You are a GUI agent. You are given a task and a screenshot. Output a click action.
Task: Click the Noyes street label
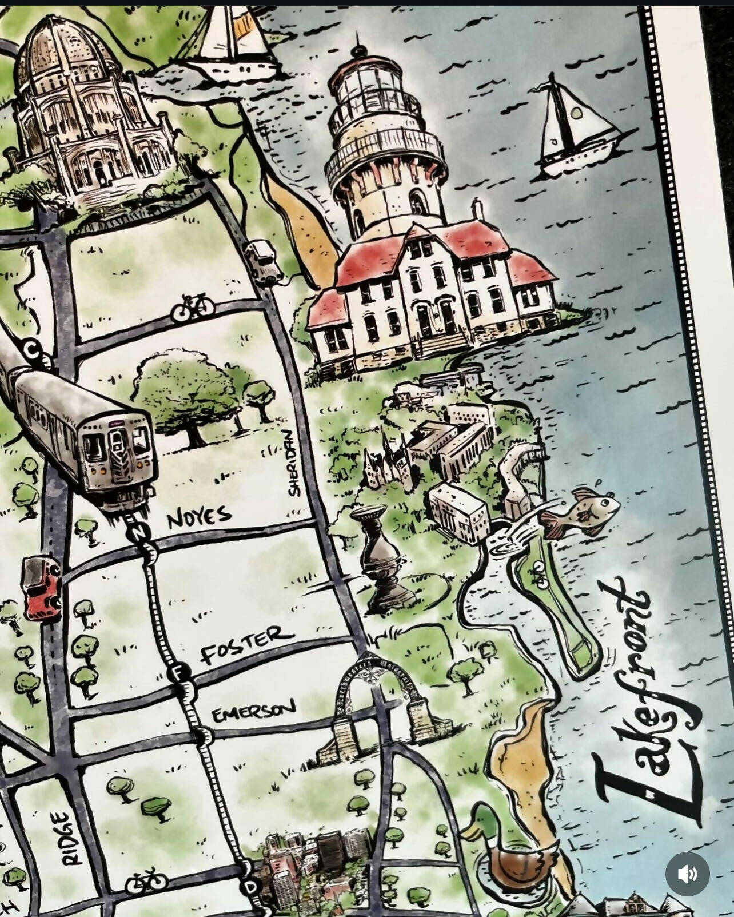200,517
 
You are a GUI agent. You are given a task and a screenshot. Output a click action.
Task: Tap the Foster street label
248,645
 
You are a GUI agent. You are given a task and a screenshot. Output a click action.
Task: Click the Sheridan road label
295,463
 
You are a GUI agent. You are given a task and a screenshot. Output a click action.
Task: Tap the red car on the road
41,588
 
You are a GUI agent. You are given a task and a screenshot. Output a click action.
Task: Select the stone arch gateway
372,709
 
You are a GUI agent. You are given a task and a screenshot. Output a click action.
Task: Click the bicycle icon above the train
194,308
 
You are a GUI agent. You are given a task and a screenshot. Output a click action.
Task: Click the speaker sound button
687,874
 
